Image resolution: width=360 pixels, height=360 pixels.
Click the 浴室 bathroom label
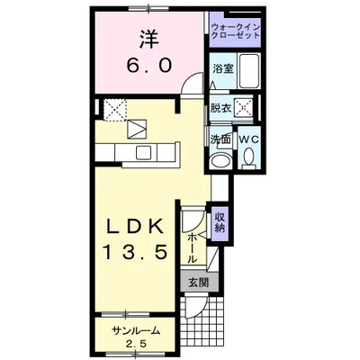coord(222,68)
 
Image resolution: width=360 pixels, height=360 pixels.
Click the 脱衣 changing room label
coord(220,107)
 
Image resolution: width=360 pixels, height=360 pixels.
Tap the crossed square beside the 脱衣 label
coord(243,107)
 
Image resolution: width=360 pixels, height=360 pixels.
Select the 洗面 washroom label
coord(220,139)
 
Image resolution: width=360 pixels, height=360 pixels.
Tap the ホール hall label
coord(193,243)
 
